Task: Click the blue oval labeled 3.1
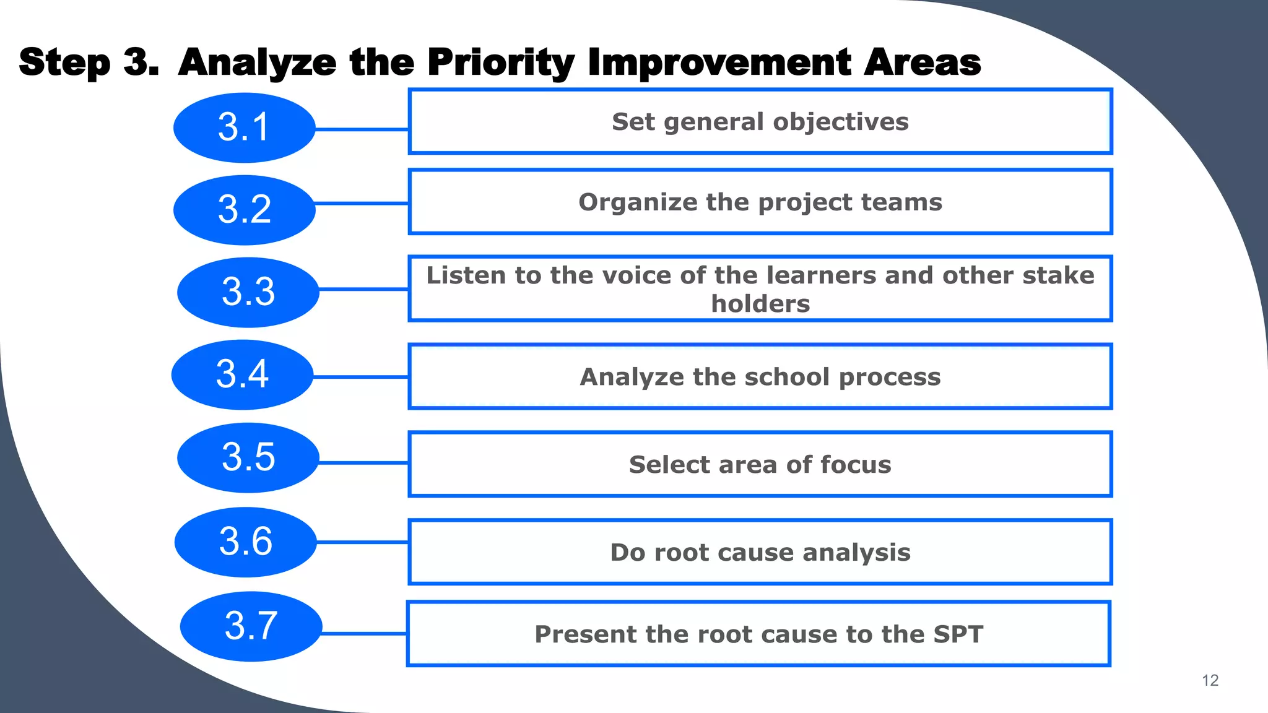(245, 127)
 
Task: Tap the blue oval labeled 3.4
(243, 374)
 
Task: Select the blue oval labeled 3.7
(251, 626)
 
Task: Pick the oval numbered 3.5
(248, 457)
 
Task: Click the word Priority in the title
(500, 63)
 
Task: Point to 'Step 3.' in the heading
(89, 63)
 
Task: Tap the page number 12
(1210, 680)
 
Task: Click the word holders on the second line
(760, 304)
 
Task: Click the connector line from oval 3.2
(362, 203)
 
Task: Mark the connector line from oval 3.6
(362, 542)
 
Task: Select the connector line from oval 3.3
(363, 289)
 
